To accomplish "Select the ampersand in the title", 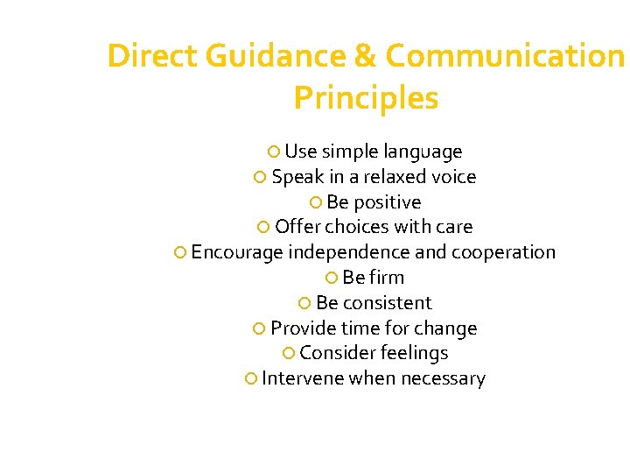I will click(x=365, y=56).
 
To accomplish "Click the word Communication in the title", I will click(x=504, y=56).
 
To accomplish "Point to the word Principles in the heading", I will click(x=366, y=98).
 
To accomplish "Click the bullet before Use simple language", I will click(x=274, y=152).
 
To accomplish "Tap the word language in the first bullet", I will click(x=422, y=152).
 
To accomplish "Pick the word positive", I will click(x=388, y=202).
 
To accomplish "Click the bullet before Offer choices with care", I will click(x=264, y=228).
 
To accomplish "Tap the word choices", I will click(x=357, y=228).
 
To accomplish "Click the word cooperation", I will click(x=503, y=253).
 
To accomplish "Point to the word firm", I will click(x=388, y=278).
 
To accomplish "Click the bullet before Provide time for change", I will click(x=259, y=329).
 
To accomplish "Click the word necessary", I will click(x=443, y=379).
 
